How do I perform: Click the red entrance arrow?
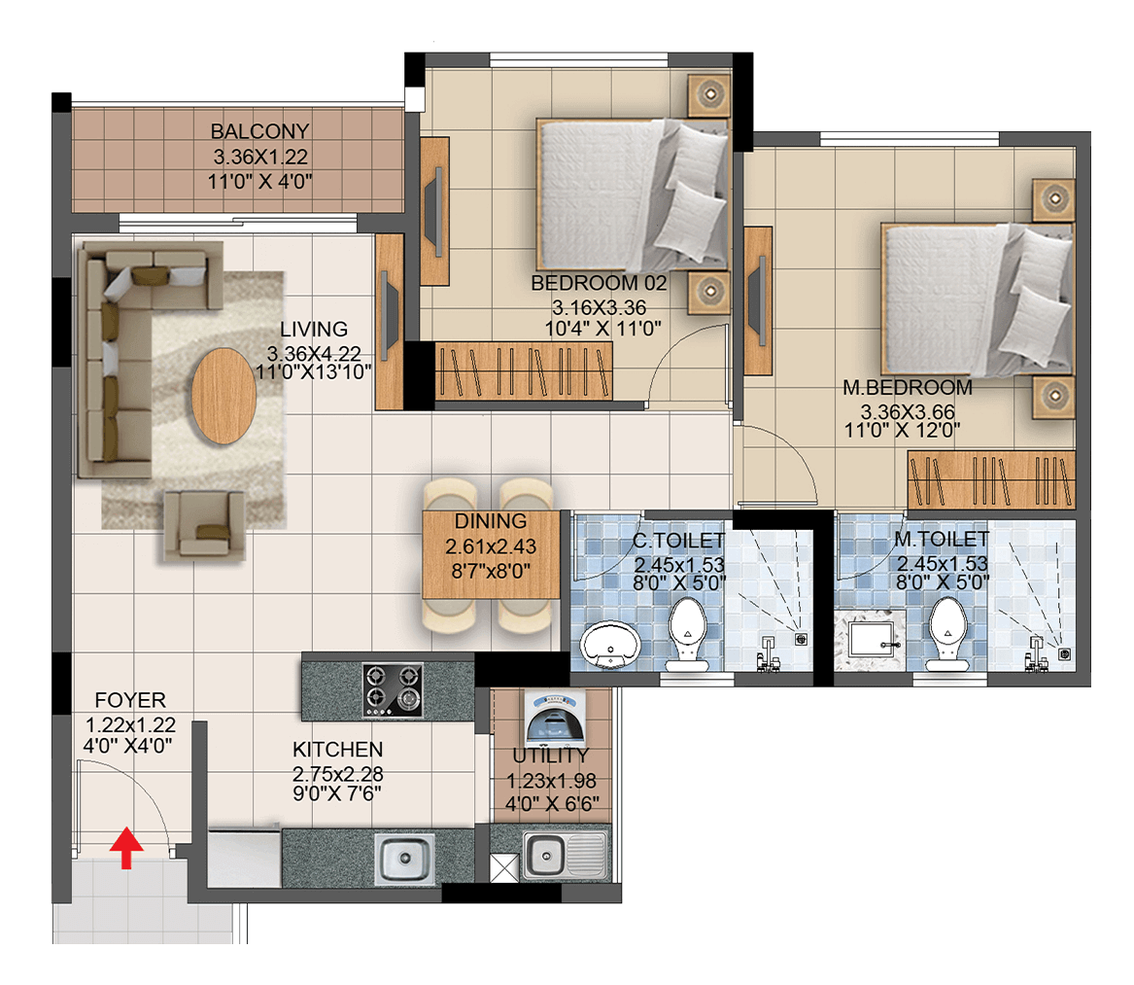click(x=126, y=848)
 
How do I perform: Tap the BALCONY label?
click(x=259, y=131)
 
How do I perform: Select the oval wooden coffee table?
click(x=223, y=396)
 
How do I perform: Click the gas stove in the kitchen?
click(x=392, y=691)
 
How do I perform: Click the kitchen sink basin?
click(x=405, y=859)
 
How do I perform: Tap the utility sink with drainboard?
click(x=565, y=857)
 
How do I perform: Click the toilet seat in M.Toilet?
click(x=948, y=633)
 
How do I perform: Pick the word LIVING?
click(x=314, y=330)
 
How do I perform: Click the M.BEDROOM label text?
click(x=908, y=387)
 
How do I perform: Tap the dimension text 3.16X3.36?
click(x=600, y=307)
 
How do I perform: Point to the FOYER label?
click(x=130, y=700)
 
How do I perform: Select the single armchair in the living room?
click(x=205, y=525)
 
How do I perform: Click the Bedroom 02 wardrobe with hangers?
click(x=524, y=370)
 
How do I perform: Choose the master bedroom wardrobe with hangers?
click(x=991, y=479)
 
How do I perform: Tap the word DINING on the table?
click(x=491, y=521)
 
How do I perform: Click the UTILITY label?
click(x=550, y=756)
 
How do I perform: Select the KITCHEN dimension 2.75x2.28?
click(x=338, y=774)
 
